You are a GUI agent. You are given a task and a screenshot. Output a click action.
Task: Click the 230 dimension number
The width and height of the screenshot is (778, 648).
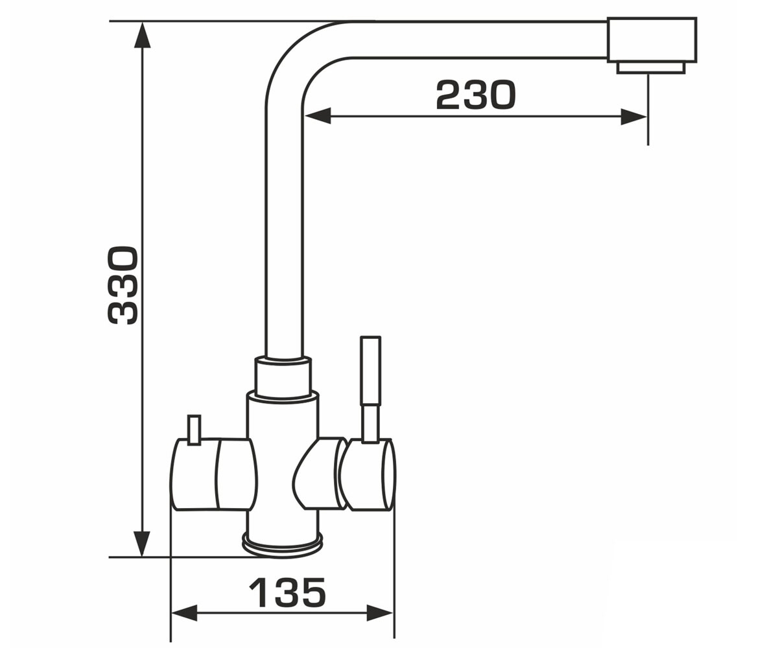[476, 95]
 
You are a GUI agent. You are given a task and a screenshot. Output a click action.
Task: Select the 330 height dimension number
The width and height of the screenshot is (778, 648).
[123, 285]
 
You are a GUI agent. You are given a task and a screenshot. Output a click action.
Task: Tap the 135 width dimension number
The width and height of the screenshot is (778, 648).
[287, 592]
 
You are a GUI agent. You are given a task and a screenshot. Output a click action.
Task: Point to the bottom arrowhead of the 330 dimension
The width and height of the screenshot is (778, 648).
[142, 544]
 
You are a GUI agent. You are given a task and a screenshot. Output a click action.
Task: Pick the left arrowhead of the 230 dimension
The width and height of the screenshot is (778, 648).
[317, 116]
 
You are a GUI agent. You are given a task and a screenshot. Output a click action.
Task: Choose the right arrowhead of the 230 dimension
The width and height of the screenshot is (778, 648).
[634, 116]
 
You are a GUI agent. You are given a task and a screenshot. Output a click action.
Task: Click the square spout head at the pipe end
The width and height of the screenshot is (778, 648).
[652, 40]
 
